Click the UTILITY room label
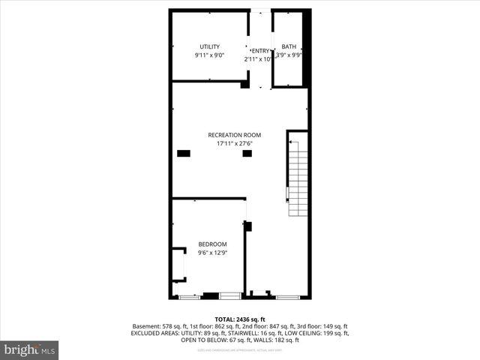209,46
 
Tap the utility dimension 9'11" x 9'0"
209,55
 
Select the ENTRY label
259,51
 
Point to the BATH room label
289,46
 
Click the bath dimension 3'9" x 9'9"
289,55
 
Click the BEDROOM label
212,244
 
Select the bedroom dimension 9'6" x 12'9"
212,253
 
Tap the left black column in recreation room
184,154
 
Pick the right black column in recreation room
247,154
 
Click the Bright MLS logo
30,349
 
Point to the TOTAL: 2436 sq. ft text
240,319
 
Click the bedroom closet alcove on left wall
178,264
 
